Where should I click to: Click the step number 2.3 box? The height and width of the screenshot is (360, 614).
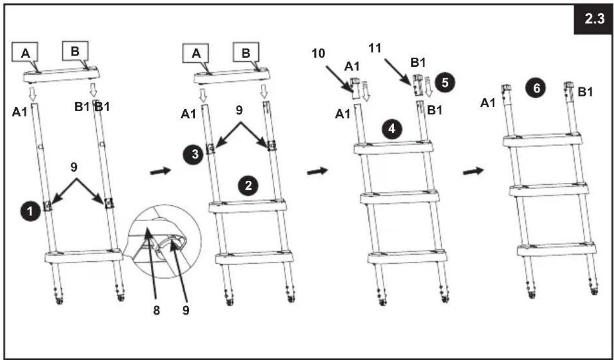click(593, 19)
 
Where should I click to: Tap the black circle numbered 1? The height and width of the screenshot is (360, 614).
click(30, 211)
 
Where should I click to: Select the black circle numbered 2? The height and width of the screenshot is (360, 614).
click(248, 186)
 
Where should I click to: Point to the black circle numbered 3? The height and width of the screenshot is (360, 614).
click(194, 154)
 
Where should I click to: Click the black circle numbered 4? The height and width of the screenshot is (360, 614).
click(392, 128)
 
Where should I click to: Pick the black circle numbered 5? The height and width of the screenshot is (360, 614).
click(445, 82)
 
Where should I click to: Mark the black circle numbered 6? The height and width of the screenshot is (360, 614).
click(536, 88)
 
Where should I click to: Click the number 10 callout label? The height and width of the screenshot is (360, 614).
click(319, 53)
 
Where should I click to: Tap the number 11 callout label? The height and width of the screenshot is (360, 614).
click(375, 48)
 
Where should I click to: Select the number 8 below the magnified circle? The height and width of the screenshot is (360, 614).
click(156, 311)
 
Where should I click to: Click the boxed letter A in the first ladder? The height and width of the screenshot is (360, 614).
click(25, 52)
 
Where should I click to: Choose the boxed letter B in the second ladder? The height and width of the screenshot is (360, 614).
click(246, 52)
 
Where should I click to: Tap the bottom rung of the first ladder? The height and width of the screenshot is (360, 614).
click(84, 256)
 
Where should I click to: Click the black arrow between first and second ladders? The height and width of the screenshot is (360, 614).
click(161, 171)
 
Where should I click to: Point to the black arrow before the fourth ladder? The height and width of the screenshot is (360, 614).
click(473, 171)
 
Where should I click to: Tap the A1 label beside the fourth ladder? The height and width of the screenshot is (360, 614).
click(488, 103)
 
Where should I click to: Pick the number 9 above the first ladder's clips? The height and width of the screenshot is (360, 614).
click(74, 167)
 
